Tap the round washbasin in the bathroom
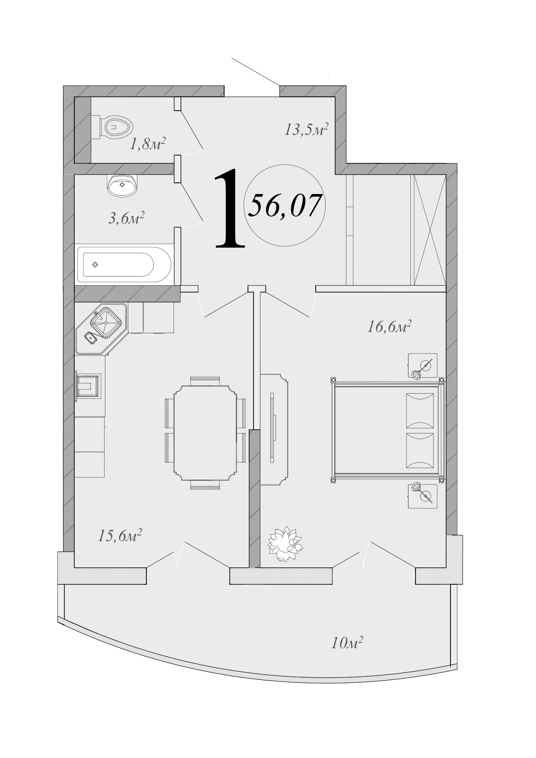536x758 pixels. [123, 185]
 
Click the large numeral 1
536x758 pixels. [229, 209]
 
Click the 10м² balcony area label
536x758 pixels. [346, 643]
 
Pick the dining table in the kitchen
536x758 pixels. [205, 433]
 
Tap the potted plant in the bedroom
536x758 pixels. [285, 544]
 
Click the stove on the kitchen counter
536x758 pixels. [88, 386]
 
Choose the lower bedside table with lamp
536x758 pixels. [422, 496]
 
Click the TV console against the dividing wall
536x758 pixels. [273, 429]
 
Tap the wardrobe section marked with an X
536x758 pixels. [429, 229]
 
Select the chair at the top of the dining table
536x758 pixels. [205, 381]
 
